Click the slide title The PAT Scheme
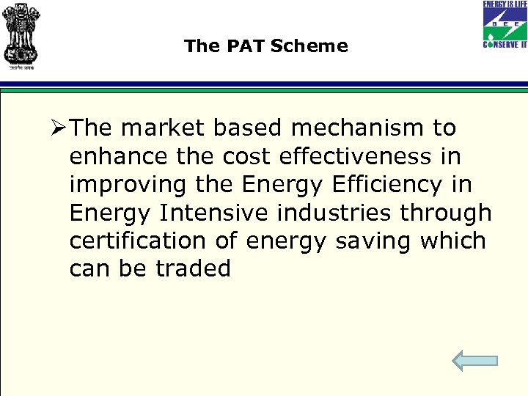click(x=265, y=46)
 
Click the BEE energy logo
click(x=504, y=24)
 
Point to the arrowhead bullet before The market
click(x=59, y=128)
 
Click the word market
click(x=162, y=128)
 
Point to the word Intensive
click(x=208, y=213)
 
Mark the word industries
click(x=335, y=213)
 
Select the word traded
click(x=193, y=268)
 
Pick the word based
click(x=249, y=128)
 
